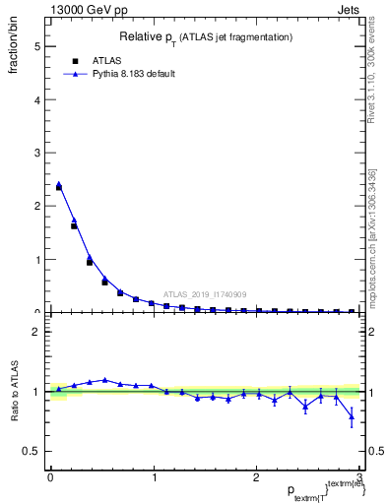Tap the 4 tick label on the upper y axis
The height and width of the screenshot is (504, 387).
[x=37, y=99]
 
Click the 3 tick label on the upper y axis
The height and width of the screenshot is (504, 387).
[x=37, y=153]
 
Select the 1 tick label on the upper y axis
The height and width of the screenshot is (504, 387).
[x=37, y=260]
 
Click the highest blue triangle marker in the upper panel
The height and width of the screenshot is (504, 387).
[x=59, y=184]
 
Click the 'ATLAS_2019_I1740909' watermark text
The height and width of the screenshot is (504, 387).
[x=205, y=293]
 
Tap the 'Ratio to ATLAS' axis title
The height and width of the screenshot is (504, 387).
[x=14, y=392]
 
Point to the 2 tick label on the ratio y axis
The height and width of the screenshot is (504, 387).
[x=37, y=332]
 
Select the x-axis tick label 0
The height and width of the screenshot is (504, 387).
[x=50, y=477]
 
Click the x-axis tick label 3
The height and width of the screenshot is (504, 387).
[x=359, y=477]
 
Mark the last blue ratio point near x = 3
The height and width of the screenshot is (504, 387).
[x=352, y=417]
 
